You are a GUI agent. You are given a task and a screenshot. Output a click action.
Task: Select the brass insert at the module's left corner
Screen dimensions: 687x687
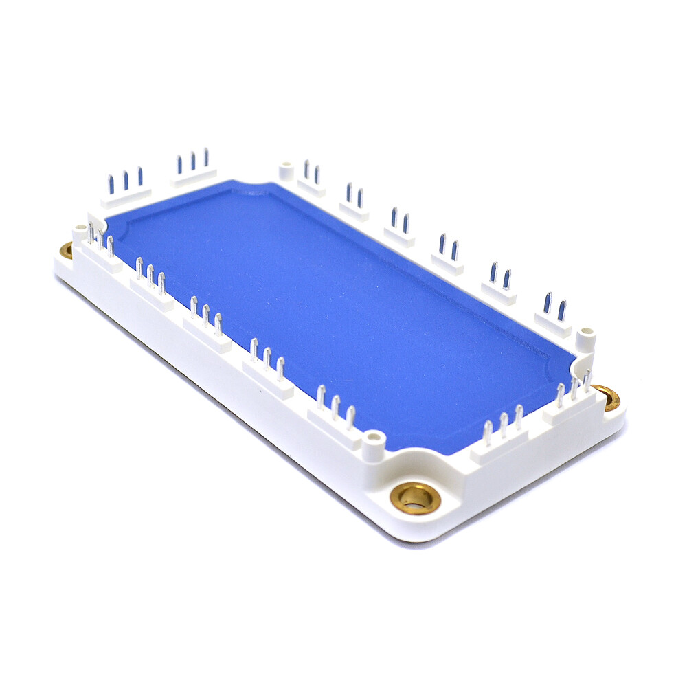pos(66,250)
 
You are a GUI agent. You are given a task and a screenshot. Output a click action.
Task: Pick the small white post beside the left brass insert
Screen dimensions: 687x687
pos(80,232)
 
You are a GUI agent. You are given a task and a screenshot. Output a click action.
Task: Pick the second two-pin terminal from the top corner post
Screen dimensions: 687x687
pos(354,203)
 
